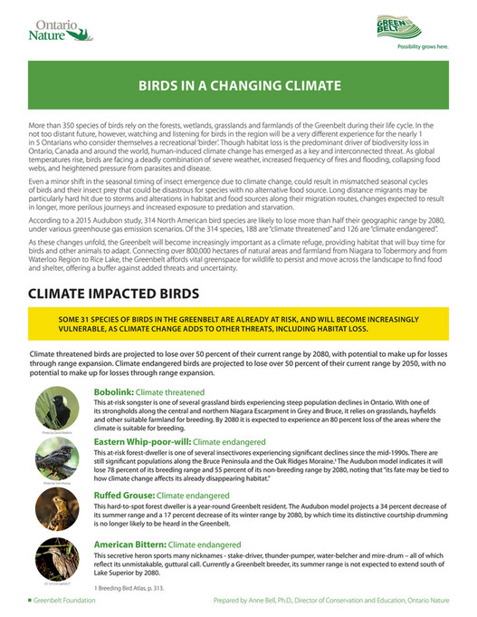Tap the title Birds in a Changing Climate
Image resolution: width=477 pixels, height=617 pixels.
pyautogui.click(x=239, y=87)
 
